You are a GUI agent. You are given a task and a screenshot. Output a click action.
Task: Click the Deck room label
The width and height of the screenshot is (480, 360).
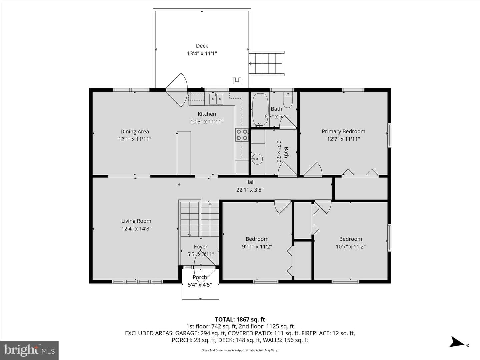pos(202,46)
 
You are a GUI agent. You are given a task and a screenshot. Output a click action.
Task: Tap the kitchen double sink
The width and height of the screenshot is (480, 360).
pos(216,99)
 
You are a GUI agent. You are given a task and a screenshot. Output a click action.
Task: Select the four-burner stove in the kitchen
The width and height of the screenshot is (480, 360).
pos(242,135)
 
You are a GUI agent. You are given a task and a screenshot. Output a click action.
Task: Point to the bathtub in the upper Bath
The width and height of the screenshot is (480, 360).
pos(260,110)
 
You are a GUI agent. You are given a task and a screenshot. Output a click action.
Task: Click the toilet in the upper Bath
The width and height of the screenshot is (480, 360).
pos(288,100)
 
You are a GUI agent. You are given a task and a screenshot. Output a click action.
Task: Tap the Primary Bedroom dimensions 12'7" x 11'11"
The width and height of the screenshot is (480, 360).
pos(343,139)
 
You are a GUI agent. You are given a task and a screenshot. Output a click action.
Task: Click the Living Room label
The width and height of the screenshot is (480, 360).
pos(136,221)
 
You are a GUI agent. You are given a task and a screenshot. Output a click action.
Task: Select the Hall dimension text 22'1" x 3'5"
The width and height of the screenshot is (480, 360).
pos(250,190)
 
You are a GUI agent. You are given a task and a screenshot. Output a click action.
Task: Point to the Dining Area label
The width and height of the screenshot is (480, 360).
pos(135,132)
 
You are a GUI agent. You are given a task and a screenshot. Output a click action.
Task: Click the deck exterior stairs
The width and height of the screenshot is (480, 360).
pos(267,64)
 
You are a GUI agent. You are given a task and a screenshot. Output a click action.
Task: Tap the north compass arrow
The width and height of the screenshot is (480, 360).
pos(456,342)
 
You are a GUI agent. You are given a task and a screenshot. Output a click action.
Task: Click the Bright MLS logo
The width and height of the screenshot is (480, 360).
pos(29,350)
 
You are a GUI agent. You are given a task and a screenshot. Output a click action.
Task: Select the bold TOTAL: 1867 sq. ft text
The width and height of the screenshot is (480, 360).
pos(240,320)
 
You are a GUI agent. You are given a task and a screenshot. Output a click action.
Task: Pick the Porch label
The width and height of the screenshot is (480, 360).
pos(200,277)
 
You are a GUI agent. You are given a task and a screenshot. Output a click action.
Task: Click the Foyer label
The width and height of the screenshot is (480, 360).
pos(201,247)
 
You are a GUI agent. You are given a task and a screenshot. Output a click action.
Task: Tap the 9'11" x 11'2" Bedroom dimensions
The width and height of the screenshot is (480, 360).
pos(257,247)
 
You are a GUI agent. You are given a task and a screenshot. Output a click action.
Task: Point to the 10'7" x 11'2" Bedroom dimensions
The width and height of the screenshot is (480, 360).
pos(351,247)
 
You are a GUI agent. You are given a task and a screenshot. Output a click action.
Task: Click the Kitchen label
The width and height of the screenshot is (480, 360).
pos(207,114)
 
